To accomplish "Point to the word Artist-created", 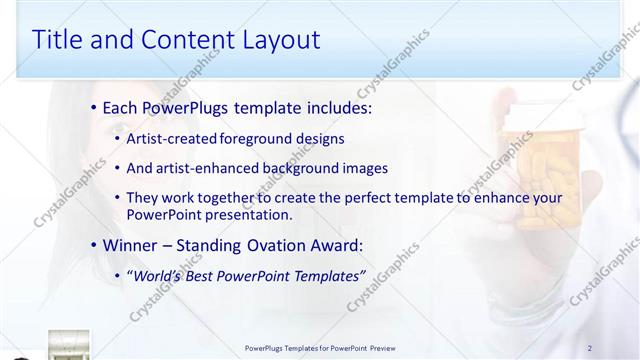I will tap(166, 138).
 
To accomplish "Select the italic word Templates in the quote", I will tap(330, 275).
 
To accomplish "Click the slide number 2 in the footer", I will tap(590, 348).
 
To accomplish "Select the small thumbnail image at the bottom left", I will tap(68, 345).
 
